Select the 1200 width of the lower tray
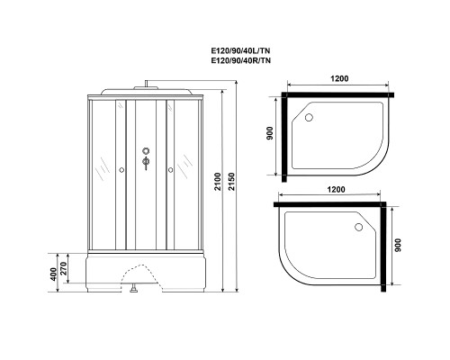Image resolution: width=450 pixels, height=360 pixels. [x=335, y=190]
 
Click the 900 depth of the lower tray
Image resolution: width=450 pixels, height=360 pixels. [x=398, y=246]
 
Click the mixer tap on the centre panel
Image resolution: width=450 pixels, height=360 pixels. [x=143, y=164]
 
